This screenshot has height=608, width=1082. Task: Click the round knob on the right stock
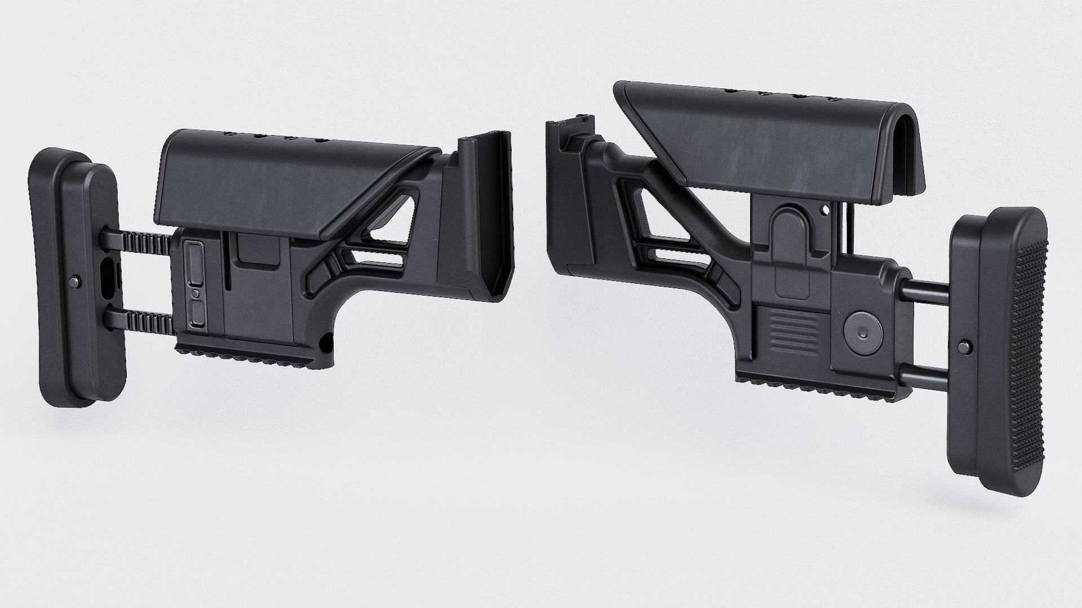(x=862, y=333)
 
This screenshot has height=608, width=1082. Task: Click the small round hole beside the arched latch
(x=826, y=211)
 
